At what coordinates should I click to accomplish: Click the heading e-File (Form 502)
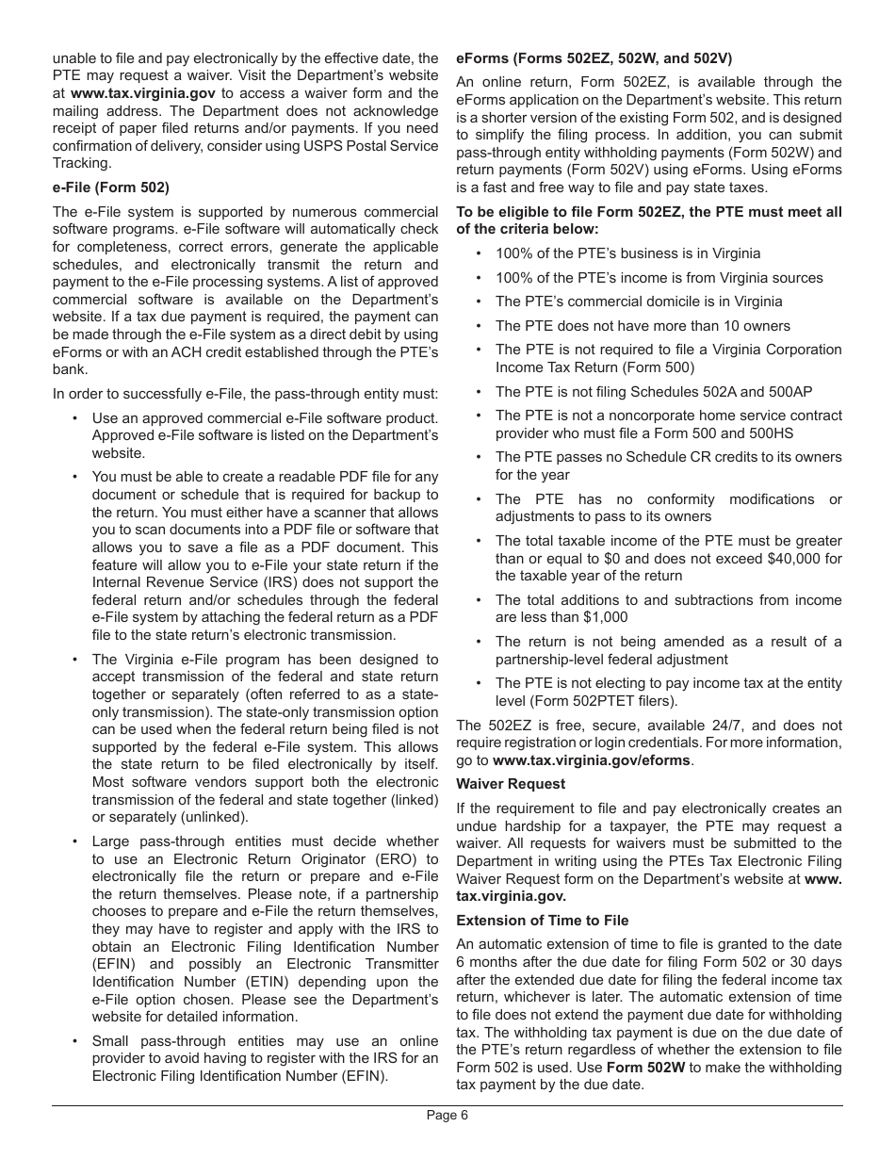coord(111,188)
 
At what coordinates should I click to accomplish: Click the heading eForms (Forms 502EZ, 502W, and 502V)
coord(594,57)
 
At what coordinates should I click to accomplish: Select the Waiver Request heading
coord(511,784)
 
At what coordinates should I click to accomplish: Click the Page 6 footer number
coord(447,1115)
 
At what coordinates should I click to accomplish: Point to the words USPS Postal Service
coord(357,146)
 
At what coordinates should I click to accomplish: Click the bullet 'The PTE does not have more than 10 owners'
coord(643,326)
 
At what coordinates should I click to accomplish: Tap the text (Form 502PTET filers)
coord(586,701)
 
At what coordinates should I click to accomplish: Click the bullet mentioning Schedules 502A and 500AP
coord(654,391)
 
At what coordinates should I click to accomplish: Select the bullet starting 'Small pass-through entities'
coord(264,1058)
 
